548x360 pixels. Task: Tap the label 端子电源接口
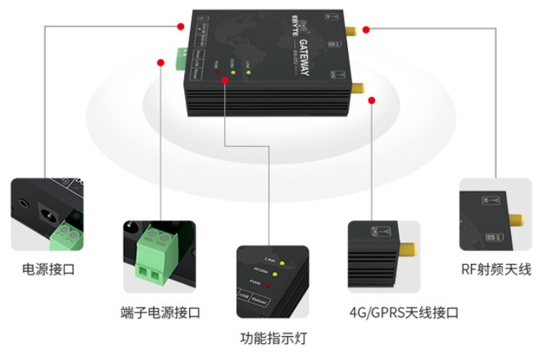tap(160, 313)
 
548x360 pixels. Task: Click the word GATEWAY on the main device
tap(303, 57)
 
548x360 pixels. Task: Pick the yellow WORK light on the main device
tap(233, 73)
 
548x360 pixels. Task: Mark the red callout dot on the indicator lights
tap(225, 81)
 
